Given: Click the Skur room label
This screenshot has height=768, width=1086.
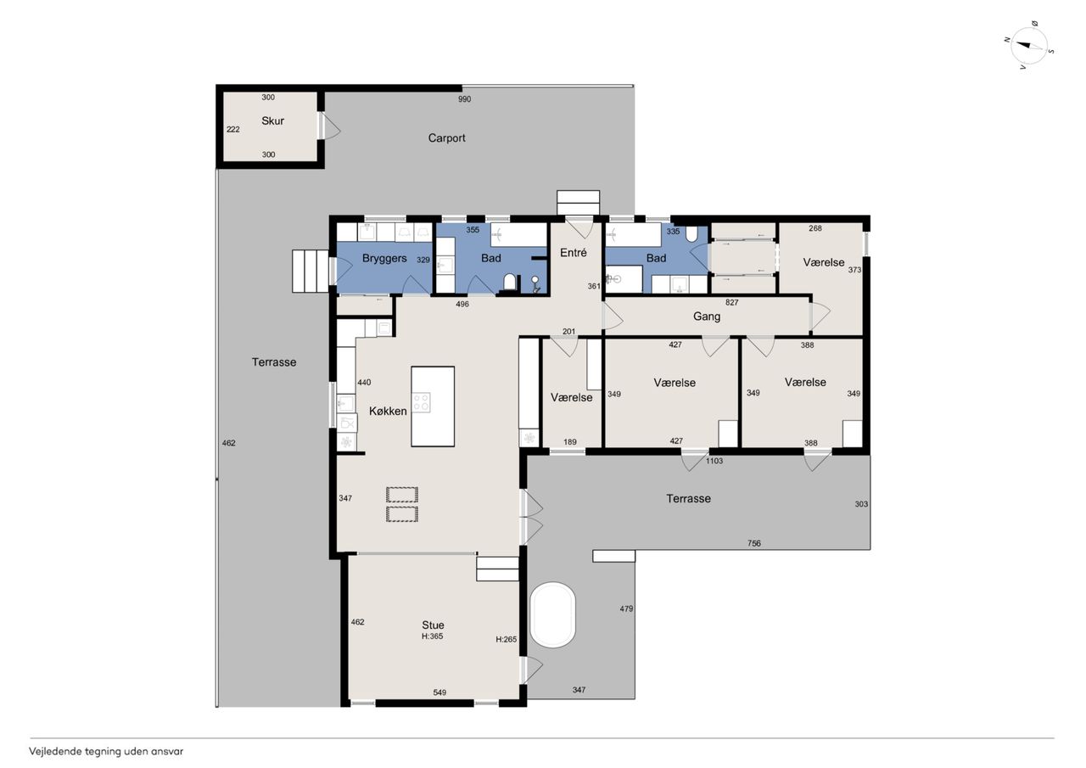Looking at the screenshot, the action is coord(272,121).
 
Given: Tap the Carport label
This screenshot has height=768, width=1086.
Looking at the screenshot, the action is coord(446,138).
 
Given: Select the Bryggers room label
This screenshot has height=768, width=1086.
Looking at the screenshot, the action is coord(384,259).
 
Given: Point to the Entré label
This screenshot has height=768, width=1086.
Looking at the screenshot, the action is coord(573,253).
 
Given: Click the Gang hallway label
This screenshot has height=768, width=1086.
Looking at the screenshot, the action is coord(707,317).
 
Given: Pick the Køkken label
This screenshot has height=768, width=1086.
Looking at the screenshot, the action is coord(388,411).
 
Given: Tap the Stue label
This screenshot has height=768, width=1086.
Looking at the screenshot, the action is coord(433,625).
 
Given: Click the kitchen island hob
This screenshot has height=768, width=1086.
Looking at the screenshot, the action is coord(421,402).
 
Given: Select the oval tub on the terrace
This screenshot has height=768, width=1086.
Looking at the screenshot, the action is coord(552,614).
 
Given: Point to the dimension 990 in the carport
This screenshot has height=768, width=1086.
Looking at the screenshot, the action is coord(464,99).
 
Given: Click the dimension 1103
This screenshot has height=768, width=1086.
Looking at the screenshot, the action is coord(714,461).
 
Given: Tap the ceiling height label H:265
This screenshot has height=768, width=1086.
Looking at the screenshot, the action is coord(507,640).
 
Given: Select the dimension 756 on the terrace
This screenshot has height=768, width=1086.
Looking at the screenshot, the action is coord(754,543).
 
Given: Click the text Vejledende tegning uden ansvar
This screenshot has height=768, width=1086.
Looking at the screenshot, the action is coord(106,752).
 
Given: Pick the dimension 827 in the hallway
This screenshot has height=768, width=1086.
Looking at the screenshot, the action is coord(731,303).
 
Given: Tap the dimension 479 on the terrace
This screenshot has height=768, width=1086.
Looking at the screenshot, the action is coord(626,608).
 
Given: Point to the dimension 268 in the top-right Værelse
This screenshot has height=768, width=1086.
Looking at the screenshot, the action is coord(815,228).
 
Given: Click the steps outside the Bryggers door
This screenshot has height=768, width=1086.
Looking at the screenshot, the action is coord(311,271).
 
